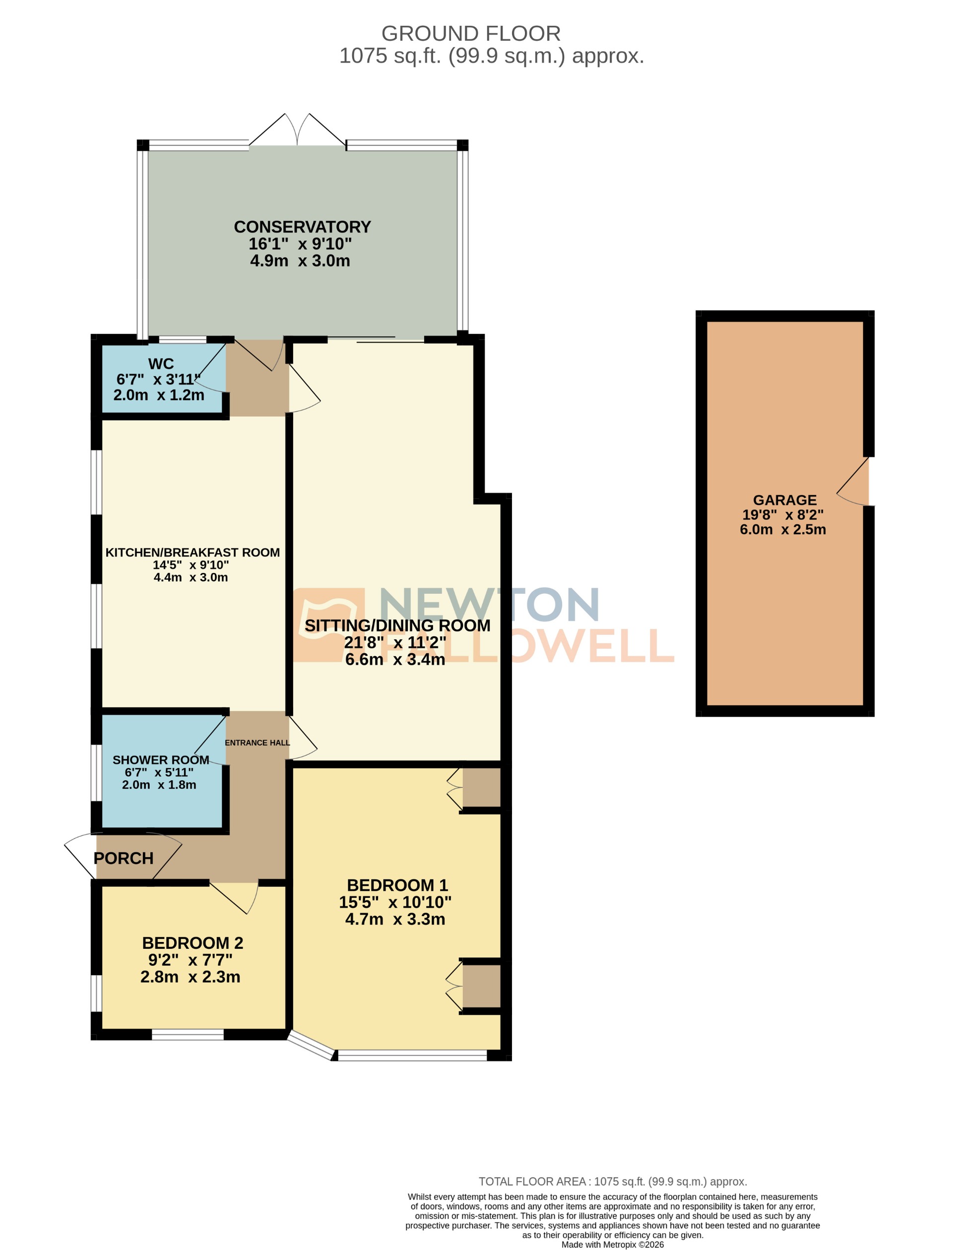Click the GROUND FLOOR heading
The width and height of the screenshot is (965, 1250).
(470, 34)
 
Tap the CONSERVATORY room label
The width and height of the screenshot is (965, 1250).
(302, 227)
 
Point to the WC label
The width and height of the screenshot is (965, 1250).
(161, 364)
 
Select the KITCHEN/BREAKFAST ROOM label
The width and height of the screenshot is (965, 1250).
(193, 552)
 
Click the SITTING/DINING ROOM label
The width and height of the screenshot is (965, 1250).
(397, 625)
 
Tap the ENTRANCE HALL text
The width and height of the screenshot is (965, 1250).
(257, 743)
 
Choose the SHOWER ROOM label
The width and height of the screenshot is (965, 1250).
(161, 760)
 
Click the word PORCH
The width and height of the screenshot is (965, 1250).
(124, 859)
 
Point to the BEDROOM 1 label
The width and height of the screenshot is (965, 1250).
(397, 885)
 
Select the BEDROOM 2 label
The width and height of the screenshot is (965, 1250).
(193, 943)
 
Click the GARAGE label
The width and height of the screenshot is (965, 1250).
(785, 500)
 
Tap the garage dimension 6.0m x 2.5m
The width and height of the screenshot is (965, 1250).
(782, 529)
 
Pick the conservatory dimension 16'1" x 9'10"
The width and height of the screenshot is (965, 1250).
(300, 244)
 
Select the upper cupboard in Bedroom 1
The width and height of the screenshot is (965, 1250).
(481, 788)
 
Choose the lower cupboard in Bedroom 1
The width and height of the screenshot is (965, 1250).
(481, 986)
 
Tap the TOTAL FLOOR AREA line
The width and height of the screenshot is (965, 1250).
(612, 1182)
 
